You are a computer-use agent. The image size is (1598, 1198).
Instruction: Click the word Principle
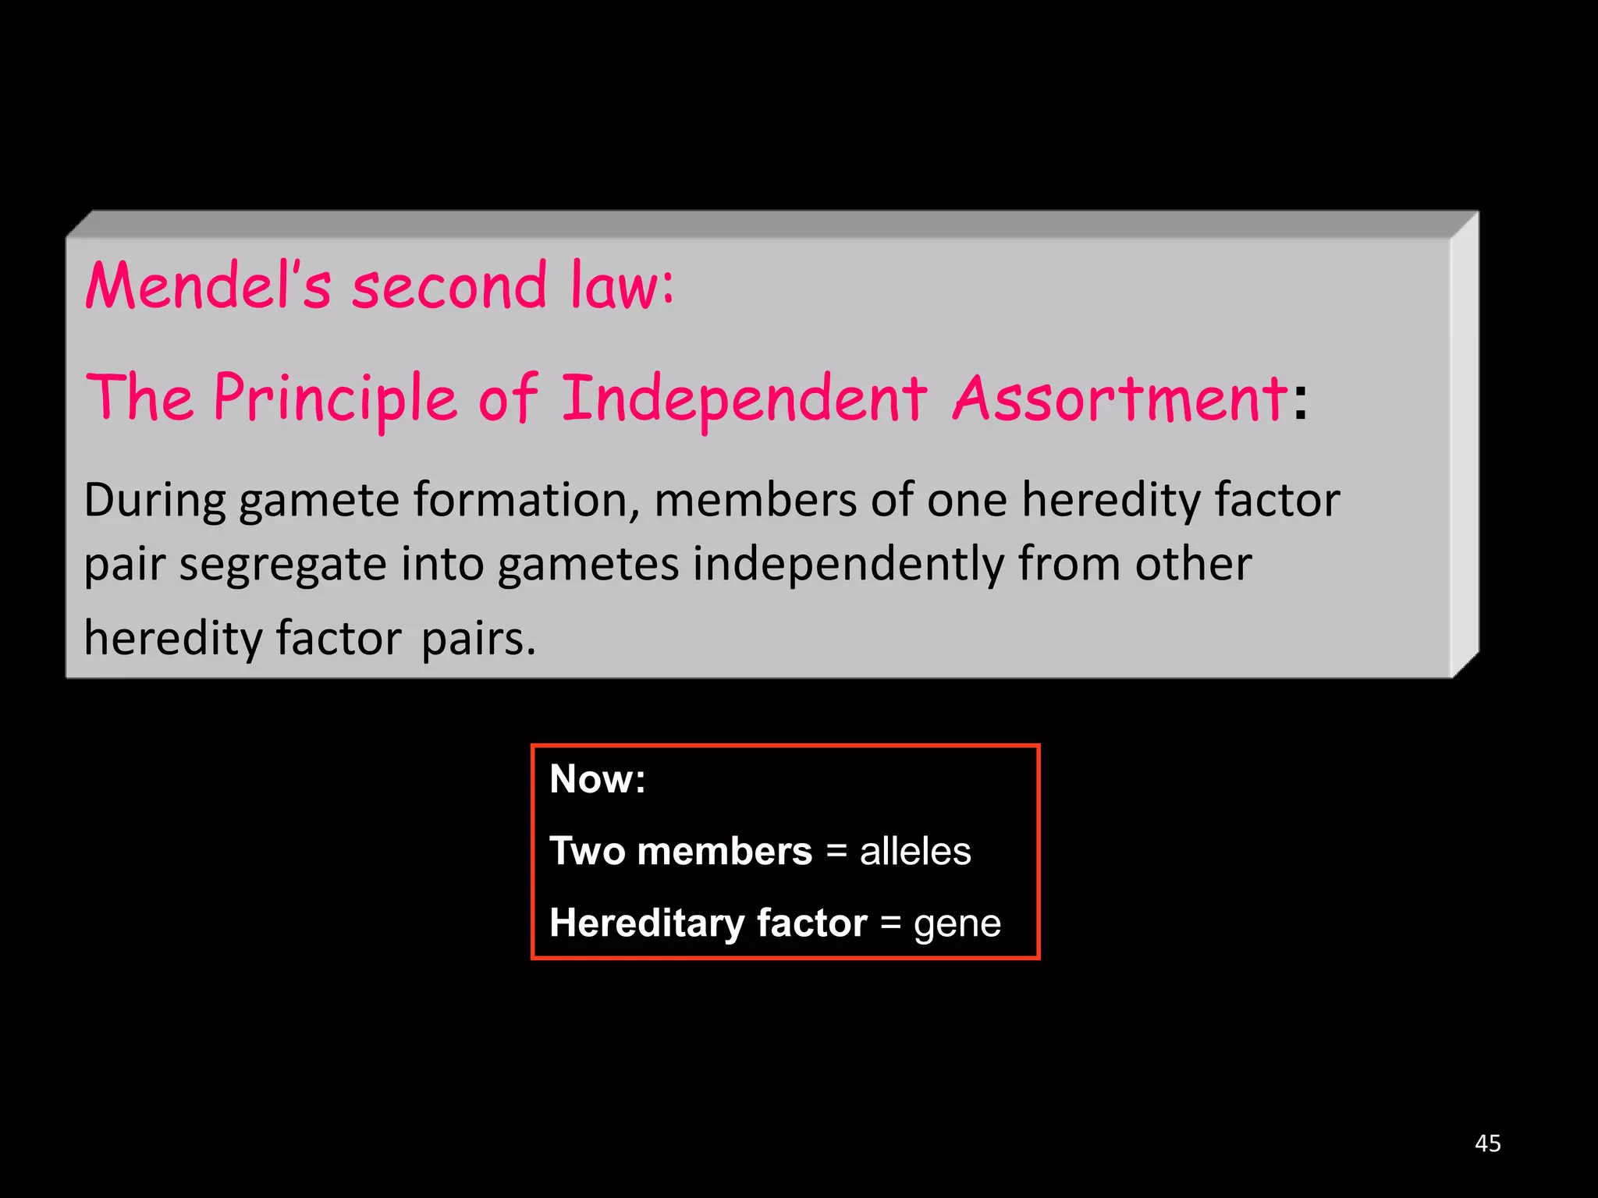tap(336, 399)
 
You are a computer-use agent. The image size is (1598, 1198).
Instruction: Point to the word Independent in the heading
tap(744, 399)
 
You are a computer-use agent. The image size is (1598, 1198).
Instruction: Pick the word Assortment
tap(1119, 399)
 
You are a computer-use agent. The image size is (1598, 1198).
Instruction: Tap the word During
tap(155, 501)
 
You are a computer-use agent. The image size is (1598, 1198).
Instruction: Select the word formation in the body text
tap(527, 501)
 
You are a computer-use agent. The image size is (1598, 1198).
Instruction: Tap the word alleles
tap(915, 851)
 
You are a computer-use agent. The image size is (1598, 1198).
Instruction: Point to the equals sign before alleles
tap(836, 851)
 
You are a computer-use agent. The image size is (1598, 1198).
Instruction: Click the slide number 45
tap(1487, 1143)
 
